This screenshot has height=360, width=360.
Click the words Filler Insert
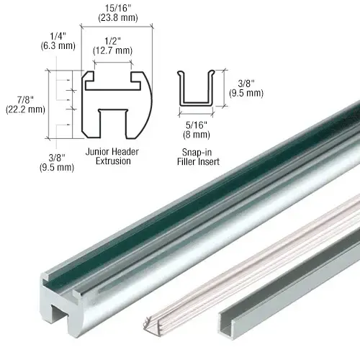(198, 161)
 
